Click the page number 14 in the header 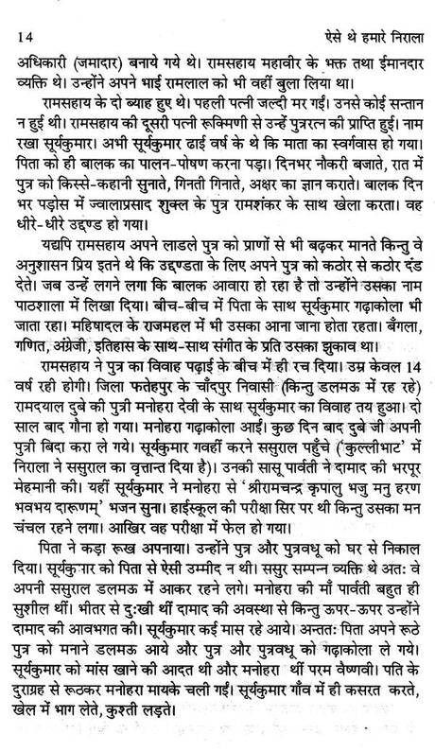[x=24, y=11]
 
